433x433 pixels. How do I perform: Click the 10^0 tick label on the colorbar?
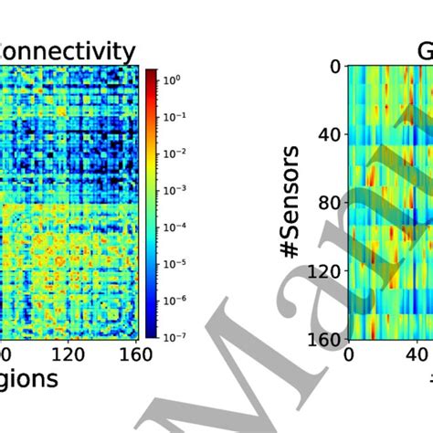[171, 80]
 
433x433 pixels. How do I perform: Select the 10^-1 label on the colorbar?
[173, 116]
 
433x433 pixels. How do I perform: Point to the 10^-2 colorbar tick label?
[173, 152]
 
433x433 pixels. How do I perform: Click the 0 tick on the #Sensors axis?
[334, 67]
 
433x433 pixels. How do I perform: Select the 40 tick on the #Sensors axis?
[329, 135]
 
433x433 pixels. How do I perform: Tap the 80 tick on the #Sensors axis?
[329, 203]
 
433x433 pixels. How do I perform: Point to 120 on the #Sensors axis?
[323, 271]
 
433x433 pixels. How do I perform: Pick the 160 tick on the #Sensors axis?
[323, 339]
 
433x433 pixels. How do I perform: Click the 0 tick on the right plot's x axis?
[348, 354]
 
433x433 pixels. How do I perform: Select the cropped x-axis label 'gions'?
[28, 379]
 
